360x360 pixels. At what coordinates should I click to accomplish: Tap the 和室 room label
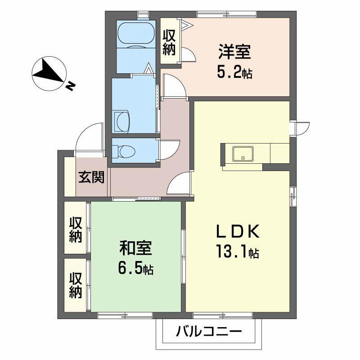click(x=135, y=248)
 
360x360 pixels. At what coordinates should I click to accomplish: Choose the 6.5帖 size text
click(x=135, y=269)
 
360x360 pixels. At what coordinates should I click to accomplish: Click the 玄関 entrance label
click(x=92, y=178)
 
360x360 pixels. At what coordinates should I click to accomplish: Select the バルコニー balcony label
click(x=209, y=333)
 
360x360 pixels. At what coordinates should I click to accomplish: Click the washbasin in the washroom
click(x=122, y=121)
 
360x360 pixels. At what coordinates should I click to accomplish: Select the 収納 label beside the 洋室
click(x=169, y=42)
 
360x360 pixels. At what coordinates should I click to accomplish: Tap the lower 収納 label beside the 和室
click(x=76, y=285)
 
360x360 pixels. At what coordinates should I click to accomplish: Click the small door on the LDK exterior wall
click(x=300, y=128)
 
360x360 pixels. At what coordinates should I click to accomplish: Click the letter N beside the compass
click(x=71, y=85)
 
